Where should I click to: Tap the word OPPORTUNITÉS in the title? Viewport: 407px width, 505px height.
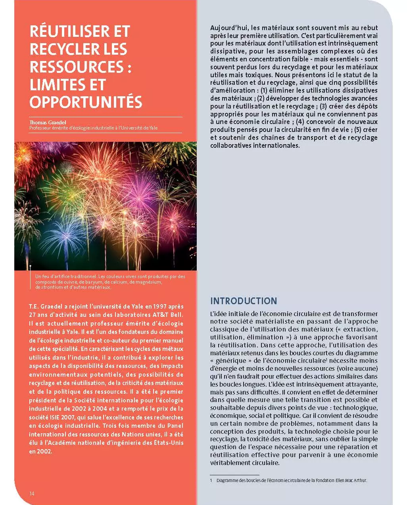pos(86,102)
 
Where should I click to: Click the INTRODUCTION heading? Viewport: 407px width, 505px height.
pos(244,301)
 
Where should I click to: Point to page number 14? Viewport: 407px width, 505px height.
pos(32,494)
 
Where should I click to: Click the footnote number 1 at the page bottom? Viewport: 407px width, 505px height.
pos(211,480)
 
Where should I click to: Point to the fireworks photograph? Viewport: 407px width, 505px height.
pos(106,206)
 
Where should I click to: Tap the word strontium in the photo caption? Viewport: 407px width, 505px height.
pos(53,287)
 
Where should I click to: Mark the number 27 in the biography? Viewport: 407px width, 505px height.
pos(33,315)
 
